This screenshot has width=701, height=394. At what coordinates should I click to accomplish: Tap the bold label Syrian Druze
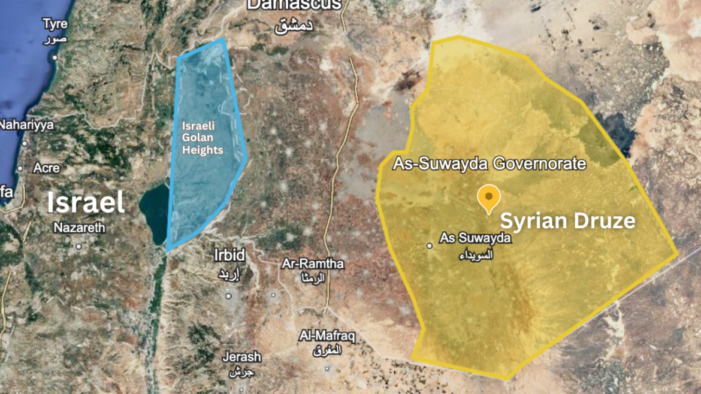tap(567, 221)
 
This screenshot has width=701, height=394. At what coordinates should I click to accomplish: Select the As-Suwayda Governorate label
tap(489, 163)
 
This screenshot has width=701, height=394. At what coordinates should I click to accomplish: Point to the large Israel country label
tap(86, 203)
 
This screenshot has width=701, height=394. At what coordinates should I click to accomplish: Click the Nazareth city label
tap(79, 228)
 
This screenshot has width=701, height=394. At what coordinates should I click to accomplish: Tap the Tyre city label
tap(55, 24)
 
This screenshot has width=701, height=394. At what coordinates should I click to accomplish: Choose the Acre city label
tap(46, 168)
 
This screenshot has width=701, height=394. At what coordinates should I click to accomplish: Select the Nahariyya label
tap(26, 125)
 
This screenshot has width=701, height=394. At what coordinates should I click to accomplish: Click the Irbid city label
tap(229, 255)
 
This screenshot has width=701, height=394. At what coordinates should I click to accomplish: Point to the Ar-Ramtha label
tap(313, 264)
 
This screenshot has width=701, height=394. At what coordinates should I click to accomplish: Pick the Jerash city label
tap(241, 357)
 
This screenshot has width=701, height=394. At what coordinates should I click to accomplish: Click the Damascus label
tap(294, 5)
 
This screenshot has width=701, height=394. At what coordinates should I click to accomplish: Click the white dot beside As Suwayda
tap(430, 246)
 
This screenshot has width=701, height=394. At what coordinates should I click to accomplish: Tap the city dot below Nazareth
tap(78, 246)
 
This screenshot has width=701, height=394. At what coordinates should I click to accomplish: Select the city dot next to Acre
tap(20, 168)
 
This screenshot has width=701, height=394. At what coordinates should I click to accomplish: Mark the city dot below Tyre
tap(55, 57)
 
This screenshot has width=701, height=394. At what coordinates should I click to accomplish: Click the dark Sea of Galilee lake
tap(153, 213)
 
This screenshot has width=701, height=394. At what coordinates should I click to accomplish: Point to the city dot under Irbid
tap(228, 296)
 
